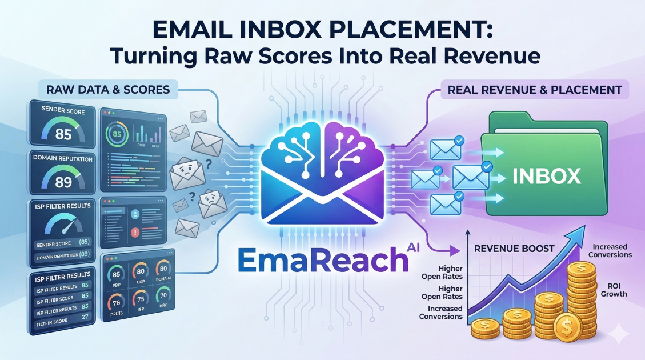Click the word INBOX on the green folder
coord(547,175)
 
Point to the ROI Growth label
coord(614,289)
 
